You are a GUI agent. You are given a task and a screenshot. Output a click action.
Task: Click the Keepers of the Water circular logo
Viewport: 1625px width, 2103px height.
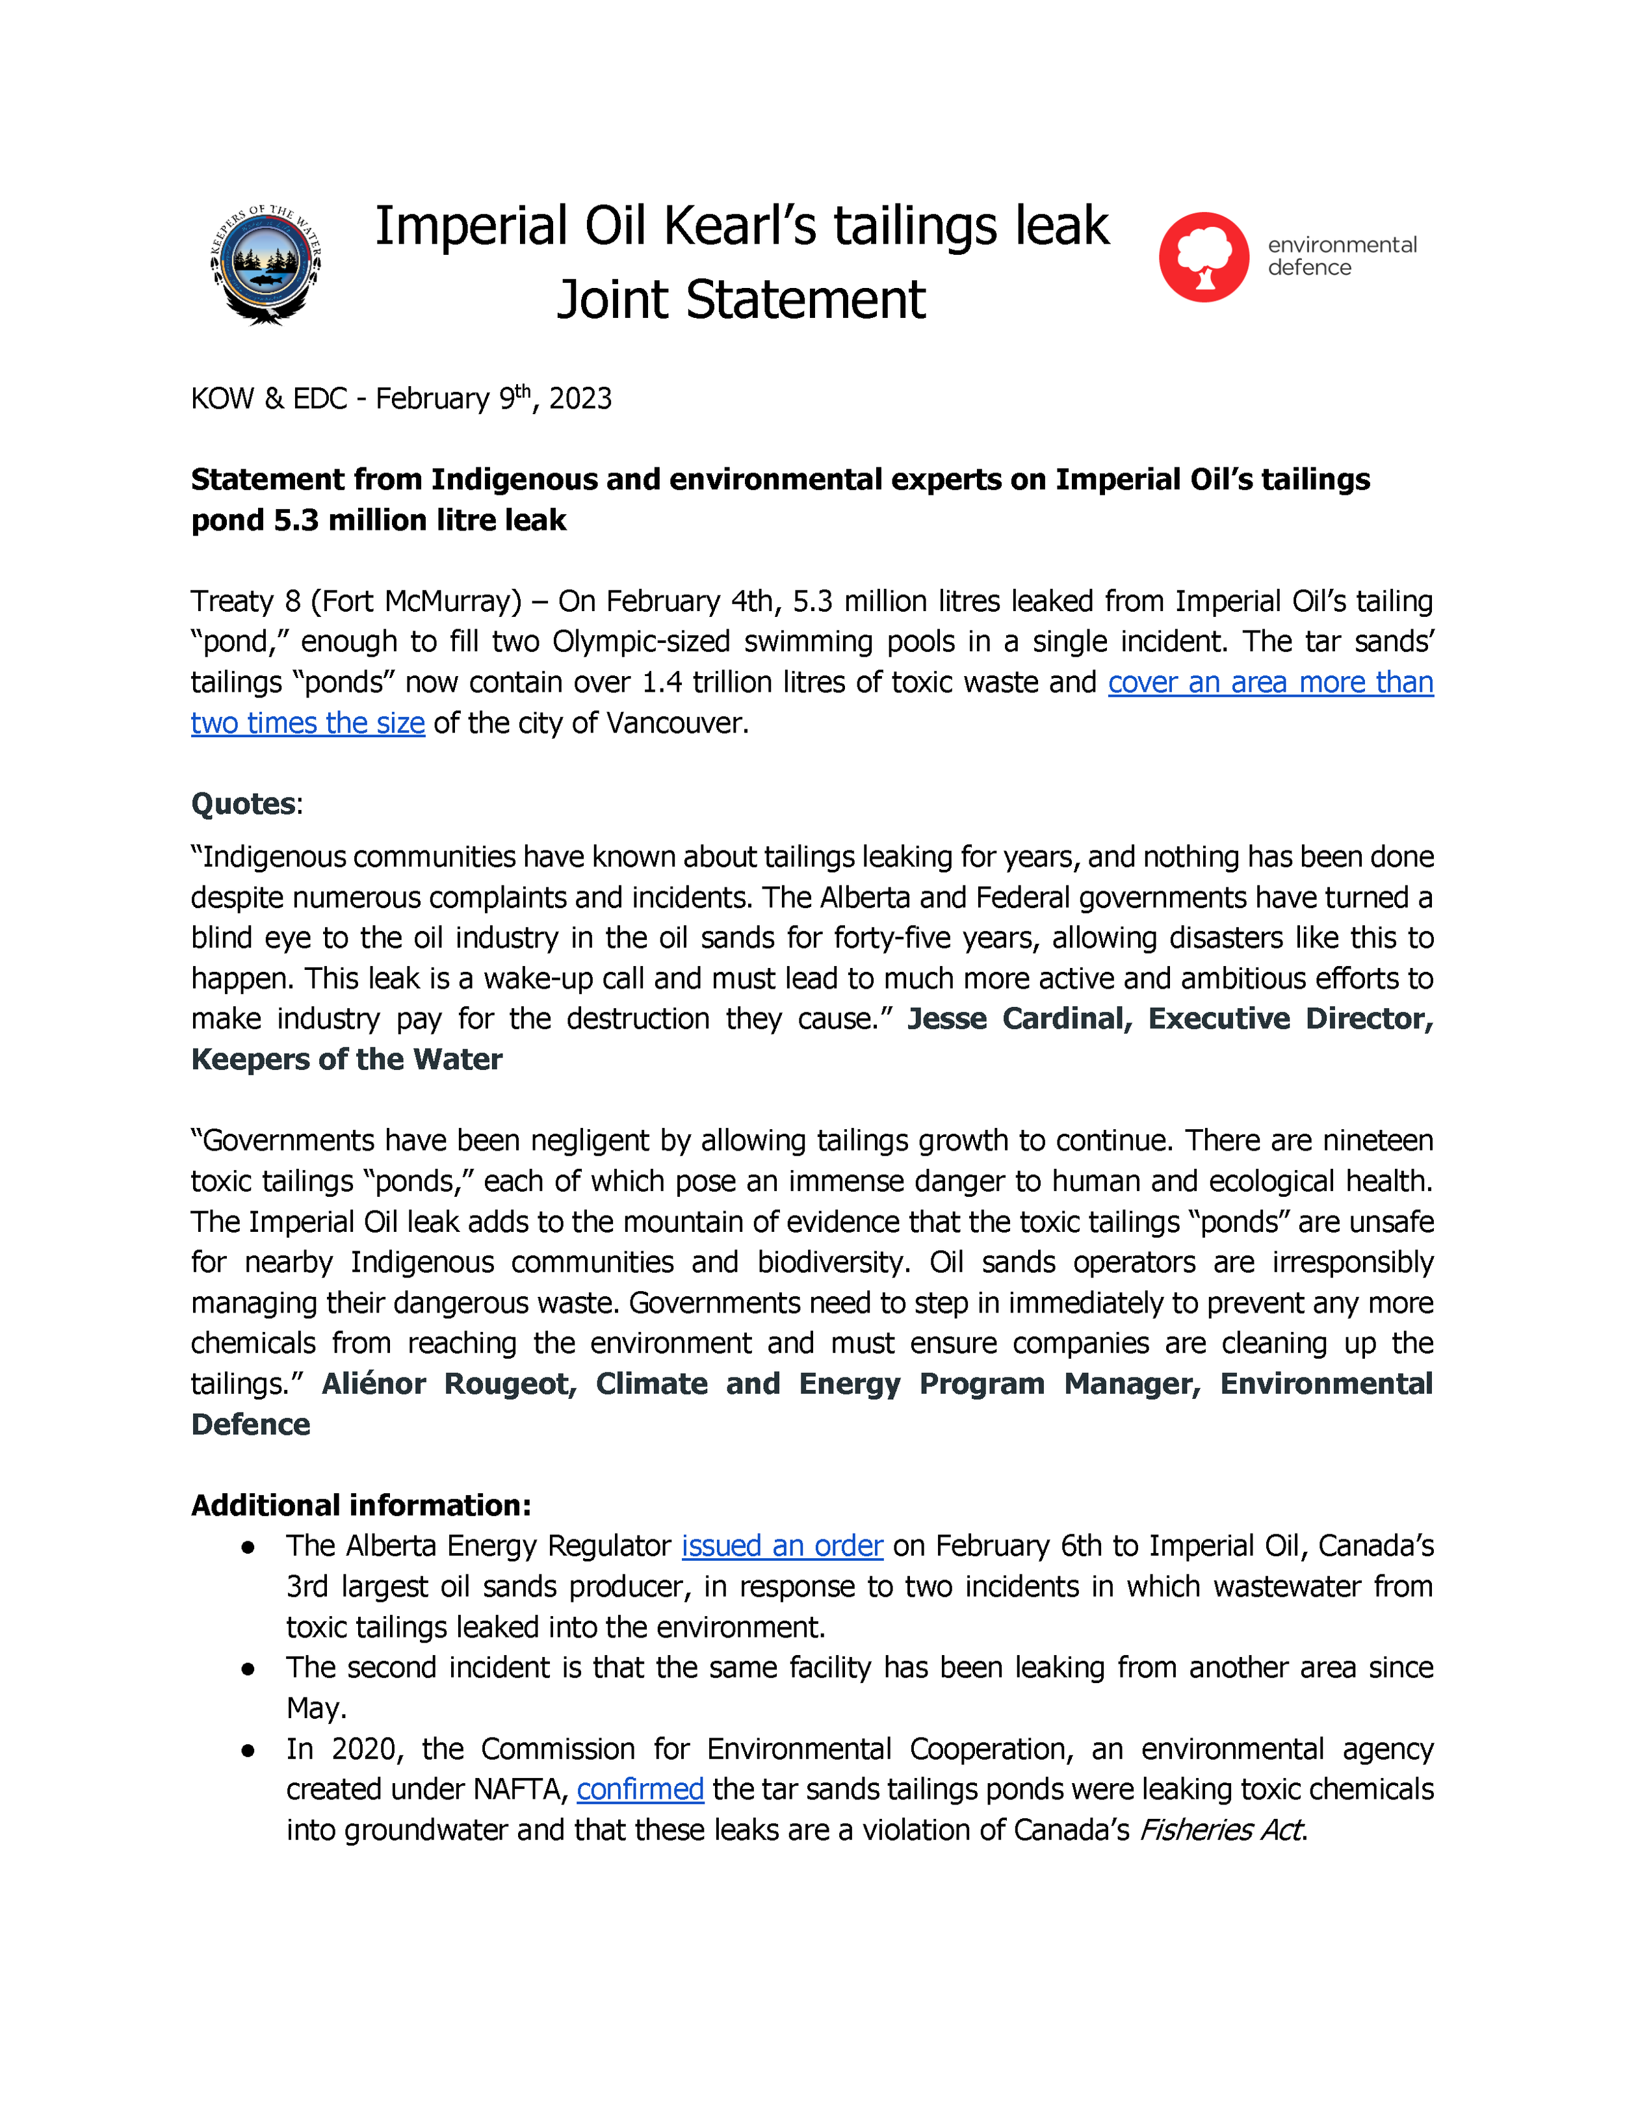coord(266,265)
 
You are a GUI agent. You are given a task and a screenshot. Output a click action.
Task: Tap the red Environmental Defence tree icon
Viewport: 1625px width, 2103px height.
coord(1203,257)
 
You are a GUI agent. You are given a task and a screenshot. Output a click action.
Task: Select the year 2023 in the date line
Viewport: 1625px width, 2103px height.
coord(580,398)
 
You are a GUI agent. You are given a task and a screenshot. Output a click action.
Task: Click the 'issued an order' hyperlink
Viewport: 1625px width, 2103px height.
coord(782,1547)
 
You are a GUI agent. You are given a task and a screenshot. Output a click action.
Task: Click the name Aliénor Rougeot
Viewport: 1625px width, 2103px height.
coord(448,1385)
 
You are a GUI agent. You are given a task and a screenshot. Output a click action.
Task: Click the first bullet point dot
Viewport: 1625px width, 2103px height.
coord(248,1547)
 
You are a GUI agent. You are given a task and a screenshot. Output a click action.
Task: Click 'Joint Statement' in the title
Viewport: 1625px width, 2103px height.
coord(740,300)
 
